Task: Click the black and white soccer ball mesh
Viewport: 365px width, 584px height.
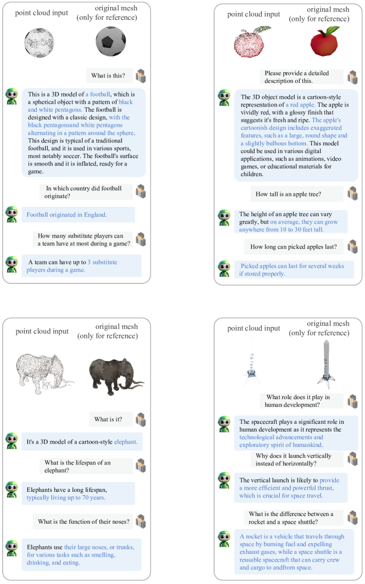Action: point(111,41)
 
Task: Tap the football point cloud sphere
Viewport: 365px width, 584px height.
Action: point(40,41)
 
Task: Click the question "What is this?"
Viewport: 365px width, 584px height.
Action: point(108,76)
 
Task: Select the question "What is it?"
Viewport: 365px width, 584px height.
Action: point(108,419)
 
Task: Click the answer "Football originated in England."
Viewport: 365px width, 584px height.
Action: point(67,214)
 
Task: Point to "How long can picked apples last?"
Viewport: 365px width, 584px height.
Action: point(293,247)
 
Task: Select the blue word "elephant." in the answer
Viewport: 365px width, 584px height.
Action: point(126,441)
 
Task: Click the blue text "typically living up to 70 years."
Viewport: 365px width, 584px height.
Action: point(66,497)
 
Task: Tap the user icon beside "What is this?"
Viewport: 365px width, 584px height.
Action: point(141,76)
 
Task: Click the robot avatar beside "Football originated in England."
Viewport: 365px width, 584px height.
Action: point(12,214)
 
